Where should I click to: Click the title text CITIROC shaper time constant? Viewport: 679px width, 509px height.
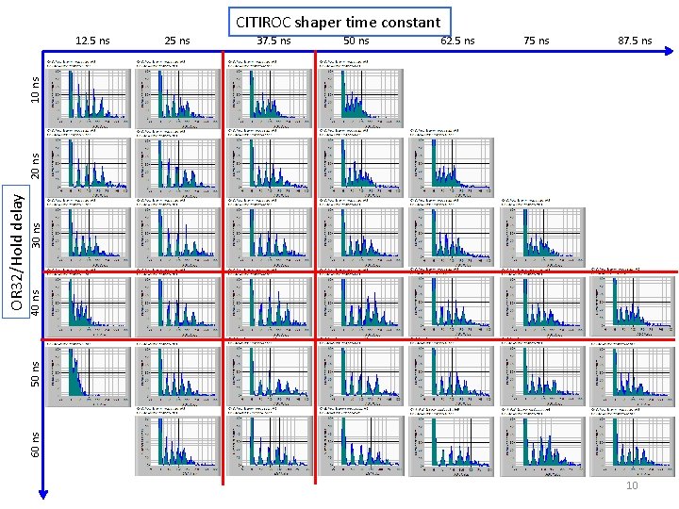click(x=338, y=21)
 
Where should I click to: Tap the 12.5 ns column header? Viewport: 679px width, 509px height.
click(x=92, y=41)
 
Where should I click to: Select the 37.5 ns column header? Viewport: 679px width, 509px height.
click(x=273, y=41)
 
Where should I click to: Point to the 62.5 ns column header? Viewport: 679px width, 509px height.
click(x=457, y=41)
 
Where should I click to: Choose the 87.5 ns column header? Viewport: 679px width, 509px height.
click(x=635, y=41)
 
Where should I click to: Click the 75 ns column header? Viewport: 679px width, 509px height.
click(x=537, y=41)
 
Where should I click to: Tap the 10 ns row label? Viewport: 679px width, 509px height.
click(x=35, y=90)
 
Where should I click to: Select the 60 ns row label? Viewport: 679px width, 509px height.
click(x=35, y=444)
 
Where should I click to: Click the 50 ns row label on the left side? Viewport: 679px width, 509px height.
click(x=35, y=373)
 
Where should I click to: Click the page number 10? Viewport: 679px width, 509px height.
click(x=632, y=485)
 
